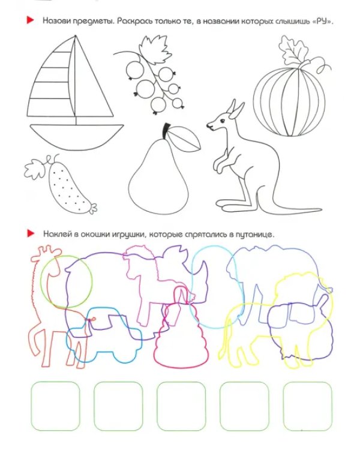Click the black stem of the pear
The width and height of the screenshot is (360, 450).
166,131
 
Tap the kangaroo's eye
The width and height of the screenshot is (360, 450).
222,121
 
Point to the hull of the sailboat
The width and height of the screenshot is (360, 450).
77,136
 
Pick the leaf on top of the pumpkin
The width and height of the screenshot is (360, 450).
292,51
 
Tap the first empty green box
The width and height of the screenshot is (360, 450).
55,406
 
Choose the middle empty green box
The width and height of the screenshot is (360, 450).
181,406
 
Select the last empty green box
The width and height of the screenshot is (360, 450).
307,406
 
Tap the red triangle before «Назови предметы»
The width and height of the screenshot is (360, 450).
30,20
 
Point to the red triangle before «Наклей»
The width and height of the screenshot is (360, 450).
31,233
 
